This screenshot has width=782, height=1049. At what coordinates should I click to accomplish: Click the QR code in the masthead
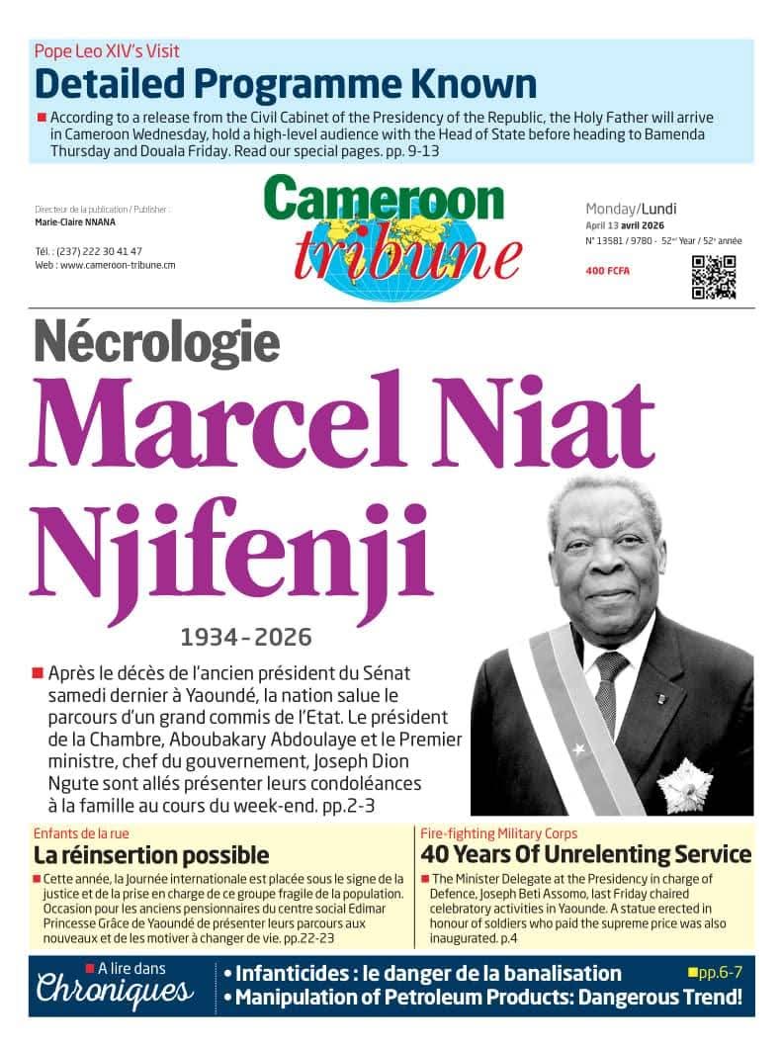point(713,277)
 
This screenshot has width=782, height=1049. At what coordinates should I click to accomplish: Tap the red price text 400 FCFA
point(607,271)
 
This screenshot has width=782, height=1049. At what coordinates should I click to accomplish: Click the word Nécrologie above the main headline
point(156,342)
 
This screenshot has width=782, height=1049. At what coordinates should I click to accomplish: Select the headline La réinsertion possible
point(151,854)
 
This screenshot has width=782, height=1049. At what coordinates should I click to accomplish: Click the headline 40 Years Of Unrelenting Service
point(586,854)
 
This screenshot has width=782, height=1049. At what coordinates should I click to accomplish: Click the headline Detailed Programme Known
point(286,84)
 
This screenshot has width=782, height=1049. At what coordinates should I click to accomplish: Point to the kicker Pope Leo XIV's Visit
point(107,51)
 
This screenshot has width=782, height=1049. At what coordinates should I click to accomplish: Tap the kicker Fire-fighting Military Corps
point(499,833)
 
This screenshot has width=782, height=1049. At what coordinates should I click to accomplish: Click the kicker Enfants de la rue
point(81,833)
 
